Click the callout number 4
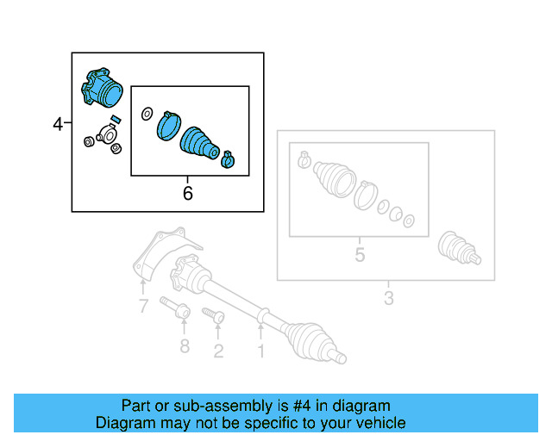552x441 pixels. [x=58, y=124]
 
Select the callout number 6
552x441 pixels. [x=187, y=194]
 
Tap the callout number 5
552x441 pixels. [x=360, y=255]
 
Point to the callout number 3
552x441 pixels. [x=388, y=299]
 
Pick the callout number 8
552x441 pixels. [x=184, y=347]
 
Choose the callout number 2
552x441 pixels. [x=218, y=350]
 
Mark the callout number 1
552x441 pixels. [x=260, y=351]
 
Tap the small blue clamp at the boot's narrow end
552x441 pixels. [x=229, y=159]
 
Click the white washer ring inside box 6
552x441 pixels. [x=147, y=114]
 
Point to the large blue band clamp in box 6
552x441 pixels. [x=167, y=125]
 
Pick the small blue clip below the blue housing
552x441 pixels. [x=116, y=118]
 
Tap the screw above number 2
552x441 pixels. [x=213, y=316]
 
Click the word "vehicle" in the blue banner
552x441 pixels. [x=378, y=423]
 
